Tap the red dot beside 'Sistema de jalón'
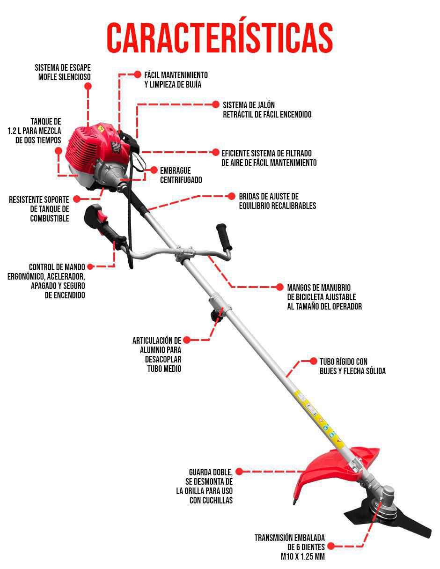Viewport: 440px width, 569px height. coord(215,104)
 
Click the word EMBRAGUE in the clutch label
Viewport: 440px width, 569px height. coord(175,171)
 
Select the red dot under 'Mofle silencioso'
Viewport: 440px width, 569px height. coord(88,86)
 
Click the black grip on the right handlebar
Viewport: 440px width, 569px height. coord(224,236)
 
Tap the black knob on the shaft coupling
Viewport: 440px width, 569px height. coord(217,316)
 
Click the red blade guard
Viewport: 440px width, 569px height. coord(335,468)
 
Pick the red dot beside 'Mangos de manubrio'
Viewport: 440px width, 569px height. coord(279,287)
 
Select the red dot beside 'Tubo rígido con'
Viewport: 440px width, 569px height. coord(314,361)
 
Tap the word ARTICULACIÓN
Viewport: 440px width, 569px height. coord(157,340)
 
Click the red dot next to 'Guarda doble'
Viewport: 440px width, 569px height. coord(239,471)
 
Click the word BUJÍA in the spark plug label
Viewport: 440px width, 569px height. coord(192,85)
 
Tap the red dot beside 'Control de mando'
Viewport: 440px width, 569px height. coord(90,266)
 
